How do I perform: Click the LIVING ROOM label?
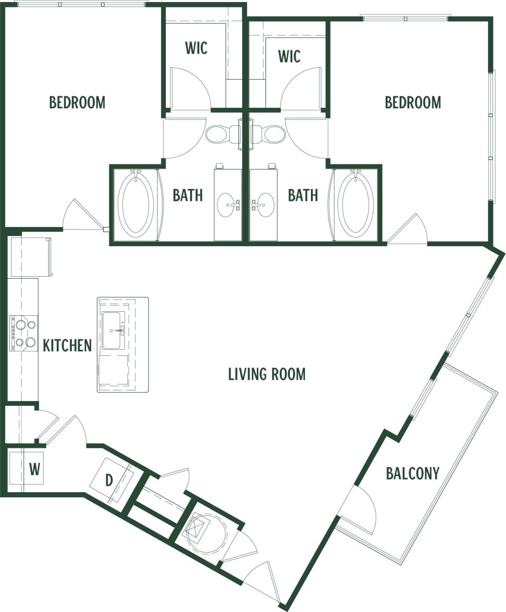pos(266,374)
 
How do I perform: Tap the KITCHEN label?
pos(67,345)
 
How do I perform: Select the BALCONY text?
pos(412,473)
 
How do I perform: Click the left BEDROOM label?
pos(77,102)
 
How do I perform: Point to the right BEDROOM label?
pos(413,102)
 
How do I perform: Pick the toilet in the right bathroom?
pos(268,134)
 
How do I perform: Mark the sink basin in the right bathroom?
pos(263,205)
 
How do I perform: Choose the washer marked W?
pos(33,470)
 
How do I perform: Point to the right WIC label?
pos(289,56)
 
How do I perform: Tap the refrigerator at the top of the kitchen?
pos(30,257)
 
